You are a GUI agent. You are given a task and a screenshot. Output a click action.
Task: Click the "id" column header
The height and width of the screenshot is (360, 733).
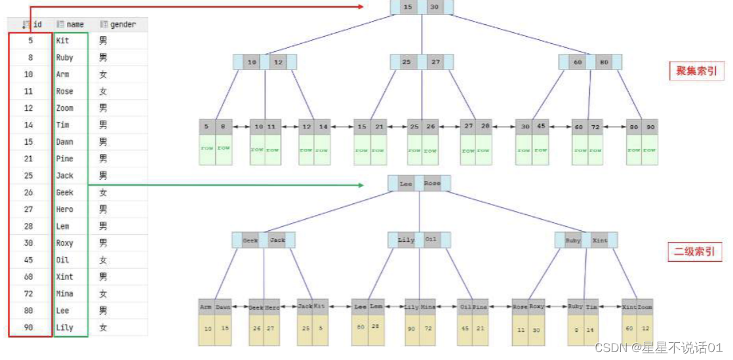coord(37,24)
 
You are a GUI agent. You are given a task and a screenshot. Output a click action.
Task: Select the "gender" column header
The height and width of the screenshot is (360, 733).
coord(123,24)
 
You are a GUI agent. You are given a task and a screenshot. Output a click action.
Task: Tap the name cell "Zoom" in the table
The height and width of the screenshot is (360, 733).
coord(65,108)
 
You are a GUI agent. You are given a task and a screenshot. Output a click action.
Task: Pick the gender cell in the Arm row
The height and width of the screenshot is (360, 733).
coord(103,74)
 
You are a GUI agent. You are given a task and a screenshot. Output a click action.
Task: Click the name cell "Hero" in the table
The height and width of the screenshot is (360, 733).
coord(64,209)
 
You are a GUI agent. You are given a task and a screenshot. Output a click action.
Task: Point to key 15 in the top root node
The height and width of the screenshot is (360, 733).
coord(408,7)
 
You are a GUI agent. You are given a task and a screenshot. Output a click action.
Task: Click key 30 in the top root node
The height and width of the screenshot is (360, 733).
coord(434,7)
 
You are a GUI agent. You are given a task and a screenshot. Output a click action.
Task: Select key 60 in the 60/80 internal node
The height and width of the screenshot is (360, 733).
coord(578,62)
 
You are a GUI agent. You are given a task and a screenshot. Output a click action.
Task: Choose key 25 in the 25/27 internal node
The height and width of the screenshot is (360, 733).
coord(406,62)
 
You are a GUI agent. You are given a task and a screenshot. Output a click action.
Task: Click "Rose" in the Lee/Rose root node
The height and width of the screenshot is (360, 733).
coord(431,184)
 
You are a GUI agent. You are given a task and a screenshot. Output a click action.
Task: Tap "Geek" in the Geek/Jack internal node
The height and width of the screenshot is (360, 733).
coord(250,240)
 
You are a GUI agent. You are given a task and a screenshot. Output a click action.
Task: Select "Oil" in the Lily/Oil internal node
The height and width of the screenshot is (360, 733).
coord(431,240)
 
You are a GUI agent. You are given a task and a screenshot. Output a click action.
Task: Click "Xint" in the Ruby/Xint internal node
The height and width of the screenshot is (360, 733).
coord(599,241)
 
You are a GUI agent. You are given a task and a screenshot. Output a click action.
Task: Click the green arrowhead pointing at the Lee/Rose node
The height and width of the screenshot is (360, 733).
coord(360,185)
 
